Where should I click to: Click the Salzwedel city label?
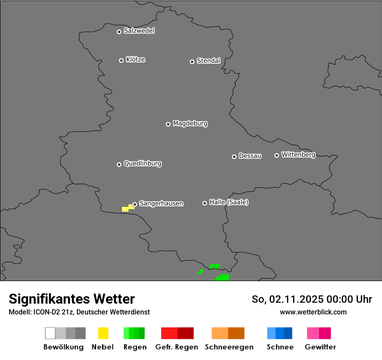pyautogui.click(x=139, y=31)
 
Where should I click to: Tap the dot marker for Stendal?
pyautogui.click(x=192, y=62)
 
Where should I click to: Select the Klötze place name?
pyautogui.click(x=135, y=60)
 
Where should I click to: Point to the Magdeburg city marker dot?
pyautogui.click(x=168, y=124)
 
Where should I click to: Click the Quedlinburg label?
pyautogui.click(x=142, y=164)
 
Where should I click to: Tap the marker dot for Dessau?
pyautogui.click(x=234, y=157)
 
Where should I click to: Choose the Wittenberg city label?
pyautogui.click(x=298, y=154)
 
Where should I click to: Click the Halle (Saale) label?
pyautogui.click(x=229, y=202)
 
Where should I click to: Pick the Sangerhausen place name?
pyautogui.click(x=161, y=203)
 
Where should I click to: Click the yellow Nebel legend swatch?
pyautogui.click(x=103, y=333)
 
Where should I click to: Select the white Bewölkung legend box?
pyautogui.click(x=50, y=333)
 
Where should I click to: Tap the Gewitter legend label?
pyautogui.click(x=320, y=347)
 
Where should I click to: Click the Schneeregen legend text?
pyautogui.click(x=229, y=347)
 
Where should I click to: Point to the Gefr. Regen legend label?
pyautogui.click(x=176, y=347)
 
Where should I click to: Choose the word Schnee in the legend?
pyautogui.click(x=280, y=347)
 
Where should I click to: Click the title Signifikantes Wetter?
pyautogui.click(x=72, y=299)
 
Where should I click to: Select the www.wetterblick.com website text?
pyautogui.click(x=313, y=312)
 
